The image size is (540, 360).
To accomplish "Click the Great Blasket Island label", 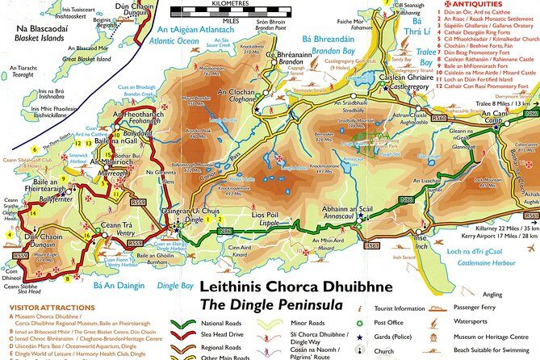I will coord(64,57).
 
